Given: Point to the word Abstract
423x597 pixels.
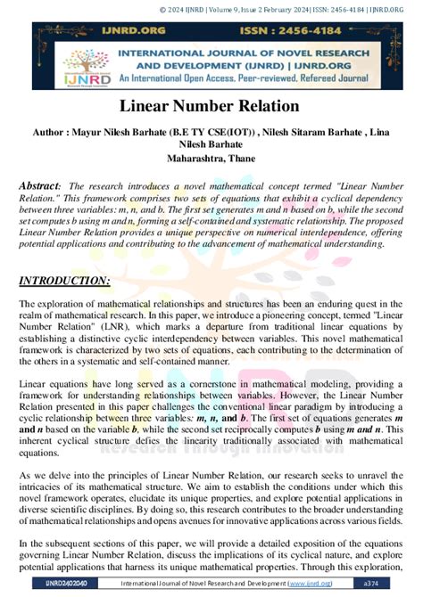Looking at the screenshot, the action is point(43,186).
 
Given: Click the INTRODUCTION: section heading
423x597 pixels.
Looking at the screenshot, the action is point(65,282).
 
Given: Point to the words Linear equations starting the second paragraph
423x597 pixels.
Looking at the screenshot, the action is point(51,383).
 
